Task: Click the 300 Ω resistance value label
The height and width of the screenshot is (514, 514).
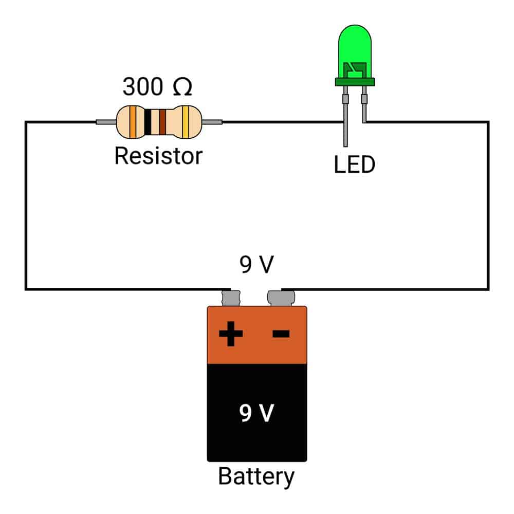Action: point(157,86)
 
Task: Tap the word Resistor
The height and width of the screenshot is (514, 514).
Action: point(158,156)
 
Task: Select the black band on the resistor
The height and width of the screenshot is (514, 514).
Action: point(148,122)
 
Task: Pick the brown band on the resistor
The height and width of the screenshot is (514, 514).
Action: point(162,122)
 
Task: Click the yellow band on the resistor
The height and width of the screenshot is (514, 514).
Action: point(186,122)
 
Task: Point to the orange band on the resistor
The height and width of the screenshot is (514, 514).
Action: point(133,122)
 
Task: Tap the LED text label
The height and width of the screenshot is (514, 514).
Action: point(354,164)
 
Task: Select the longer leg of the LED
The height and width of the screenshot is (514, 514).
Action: point(345,116)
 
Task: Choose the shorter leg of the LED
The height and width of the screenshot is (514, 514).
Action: point(364,104)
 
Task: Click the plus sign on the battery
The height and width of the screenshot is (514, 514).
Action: point(231,334)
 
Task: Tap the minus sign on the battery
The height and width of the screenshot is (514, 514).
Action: point(281,334)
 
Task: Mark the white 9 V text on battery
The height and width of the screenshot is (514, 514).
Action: point(256,413)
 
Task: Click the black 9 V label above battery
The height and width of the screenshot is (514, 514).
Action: point(256,264)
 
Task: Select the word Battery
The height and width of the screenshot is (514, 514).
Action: point(256,476)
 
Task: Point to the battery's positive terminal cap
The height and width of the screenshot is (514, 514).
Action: point(231,298)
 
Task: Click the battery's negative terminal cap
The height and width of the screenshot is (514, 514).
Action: point(281,298)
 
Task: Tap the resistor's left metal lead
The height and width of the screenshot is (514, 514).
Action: point(106,122)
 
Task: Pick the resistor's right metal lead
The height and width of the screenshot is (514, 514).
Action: point(212,122)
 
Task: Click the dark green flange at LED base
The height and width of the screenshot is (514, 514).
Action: point(355,82)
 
